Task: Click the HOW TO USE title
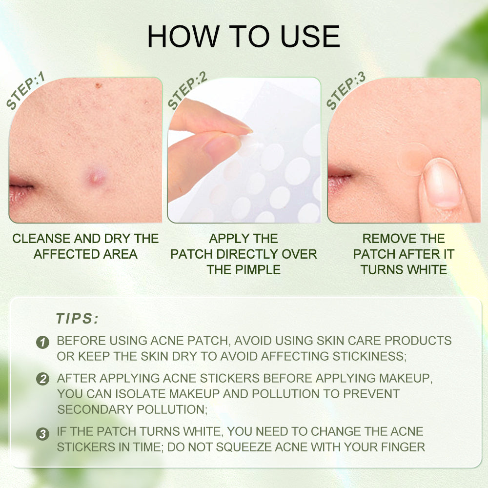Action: click(244, 37)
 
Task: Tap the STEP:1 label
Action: click(25, 91)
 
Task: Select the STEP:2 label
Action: click(187, 90)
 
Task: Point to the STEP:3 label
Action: click(346, 90)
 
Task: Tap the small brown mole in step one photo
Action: click(98, 85)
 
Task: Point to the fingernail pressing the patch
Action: click(444, 183)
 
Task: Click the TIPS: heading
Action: click(77, 318)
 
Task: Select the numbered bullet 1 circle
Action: click(42, 342)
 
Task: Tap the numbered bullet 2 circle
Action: click(42, 379)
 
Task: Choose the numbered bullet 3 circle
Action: click(42, 434)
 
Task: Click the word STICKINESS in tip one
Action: click(369, 356)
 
